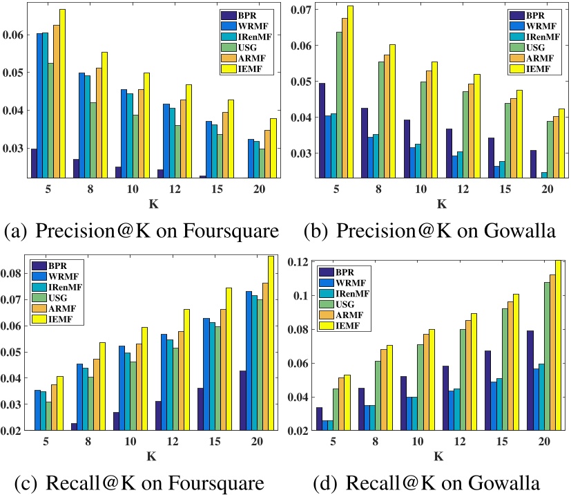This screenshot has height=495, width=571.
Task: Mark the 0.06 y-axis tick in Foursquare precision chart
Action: click(x=14, y=35)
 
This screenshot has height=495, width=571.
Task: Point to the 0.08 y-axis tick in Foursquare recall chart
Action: click(x=14, y=274)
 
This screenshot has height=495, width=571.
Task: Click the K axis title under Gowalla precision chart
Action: click(x=442, y=205)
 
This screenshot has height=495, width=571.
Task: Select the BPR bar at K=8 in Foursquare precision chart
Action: click(x=76, y=169)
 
